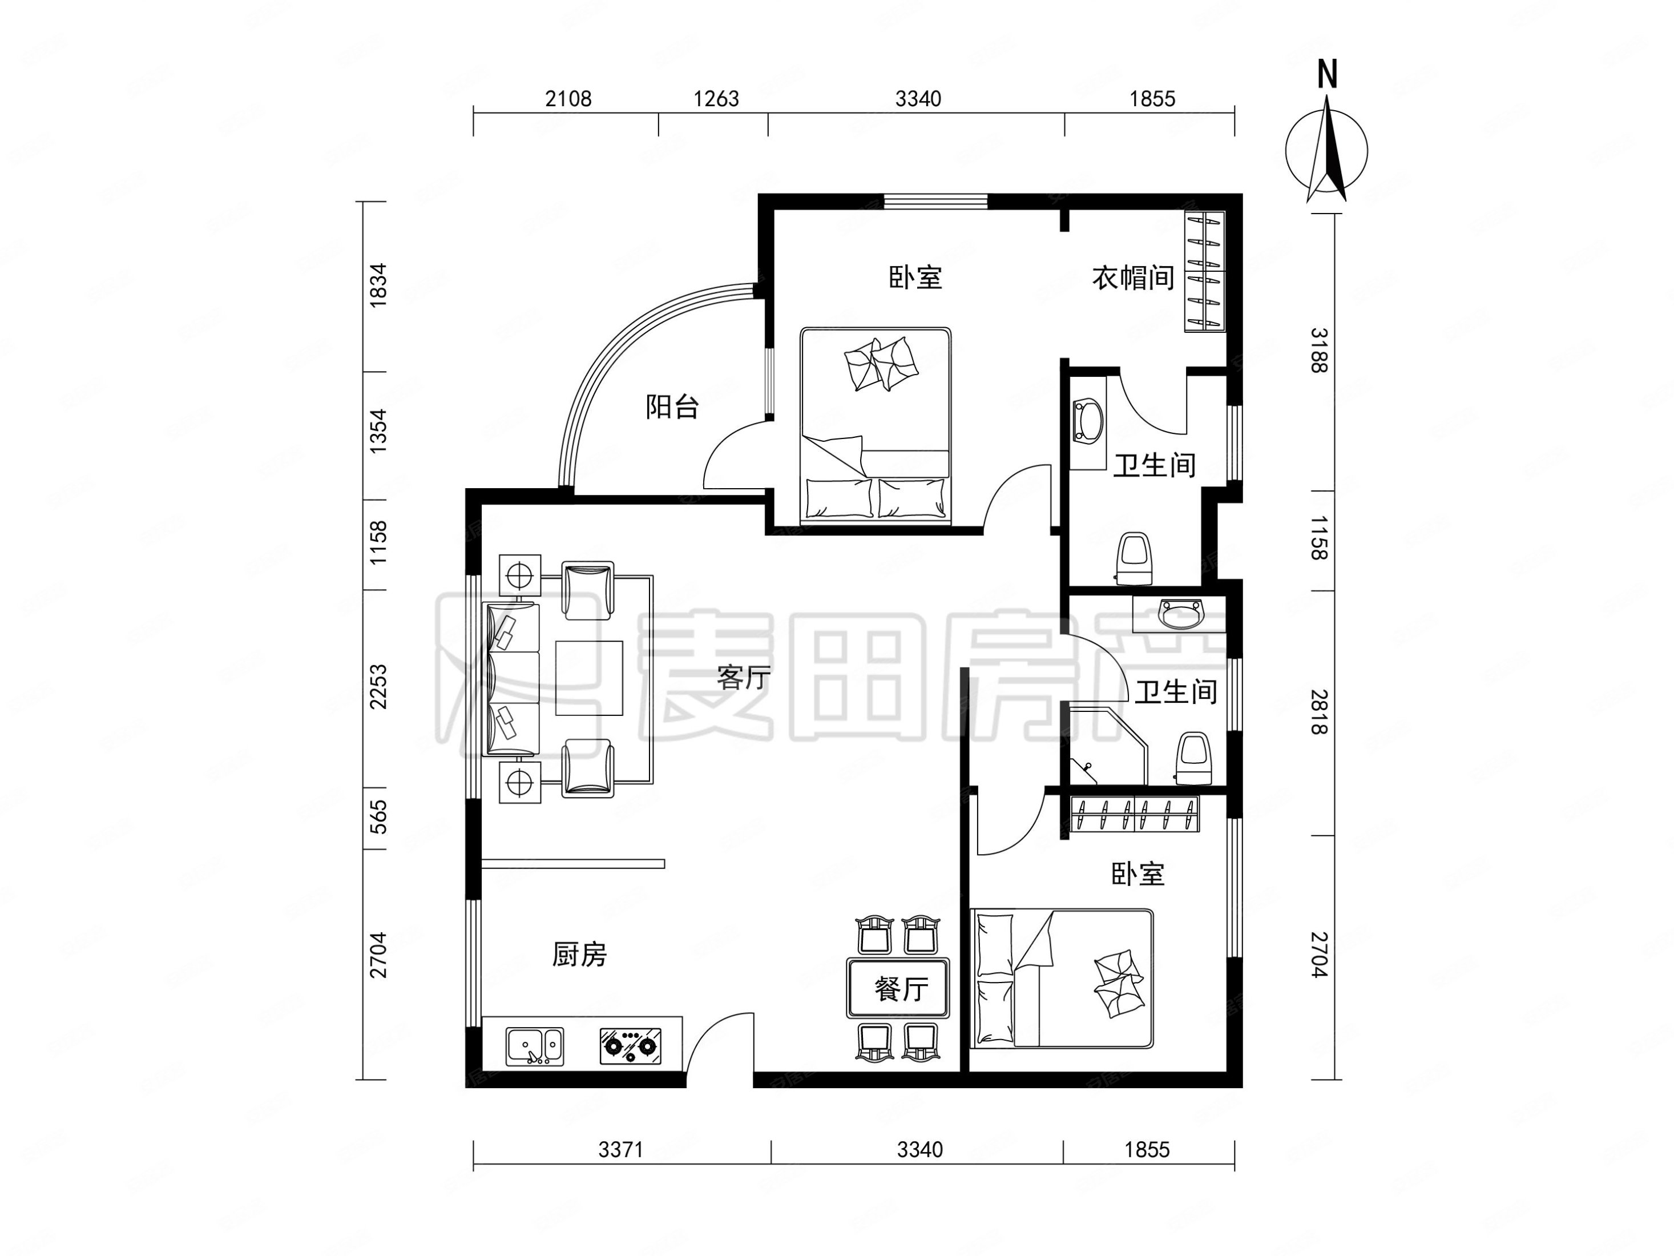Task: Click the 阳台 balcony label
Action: pos(672,407)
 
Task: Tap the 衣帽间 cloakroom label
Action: pos(1132,278)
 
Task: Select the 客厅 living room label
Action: pos(743,678)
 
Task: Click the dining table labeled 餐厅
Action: pos(898,988)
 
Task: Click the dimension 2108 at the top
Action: pos(568,98)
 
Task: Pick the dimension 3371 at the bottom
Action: pos(620,1149)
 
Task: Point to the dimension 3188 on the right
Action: pos(1319,350)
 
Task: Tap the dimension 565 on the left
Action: pos(378,816)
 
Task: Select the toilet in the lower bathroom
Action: pos(1193,758)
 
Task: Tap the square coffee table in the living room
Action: pos(589,678)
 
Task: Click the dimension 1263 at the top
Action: pos(716,98)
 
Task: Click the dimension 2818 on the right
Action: pos(1319,712)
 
